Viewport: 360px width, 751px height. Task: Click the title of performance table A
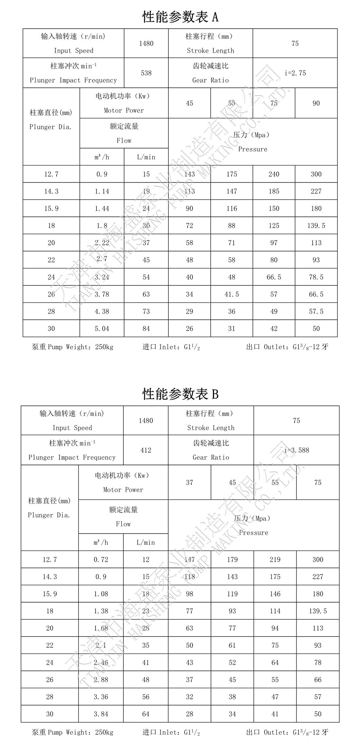(180, 17)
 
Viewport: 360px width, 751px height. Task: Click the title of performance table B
(180, 394)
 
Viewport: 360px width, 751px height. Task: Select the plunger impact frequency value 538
(146, 73)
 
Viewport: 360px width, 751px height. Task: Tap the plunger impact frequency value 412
(146, 450)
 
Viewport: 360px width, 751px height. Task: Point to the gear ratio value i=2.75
(295, 73)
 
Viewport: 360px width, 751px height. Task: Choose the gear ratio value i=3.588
(296, 450)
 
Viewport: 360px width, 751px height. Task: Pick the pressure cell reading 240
(274, 174)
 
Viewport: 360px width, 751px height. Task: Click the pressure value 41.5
(231, 294)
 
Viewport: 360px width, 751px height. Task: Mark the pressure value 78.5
(316, 277)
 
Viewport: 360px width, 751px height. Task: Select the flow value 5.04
(102, 328)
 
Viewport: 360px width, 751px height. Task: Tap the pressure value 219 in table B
(275, 559)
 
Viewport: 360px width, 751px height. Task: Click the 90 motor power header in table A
(316, 103)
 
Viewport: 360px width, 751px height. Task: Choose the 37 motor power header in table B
(189, 482)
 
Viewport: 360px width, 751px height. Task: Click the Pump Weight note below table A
(73, 347)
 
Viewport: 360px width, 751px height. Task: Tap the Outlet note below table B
(287, 732)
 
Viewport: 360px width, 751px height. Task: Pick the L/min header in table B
(146, 542)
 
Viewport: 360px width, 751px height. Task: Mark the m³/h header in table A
(102, 157)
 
